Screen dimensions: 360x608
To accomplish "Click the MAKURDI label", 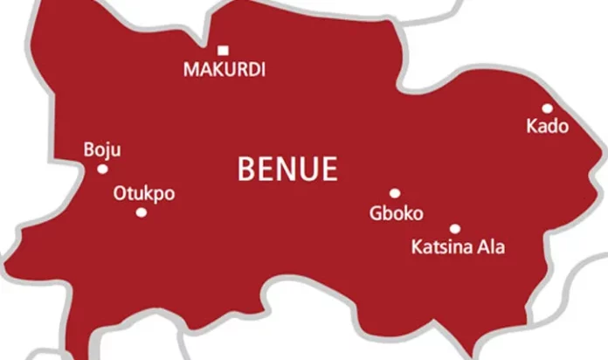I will [224, 70].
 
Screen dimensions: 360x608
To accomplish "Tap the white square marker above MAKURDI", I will [223, 50].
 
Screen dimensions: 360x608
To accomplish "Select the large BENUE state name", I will [287, 169].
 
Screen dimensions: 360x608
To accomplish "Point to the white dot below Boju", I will [102, 170].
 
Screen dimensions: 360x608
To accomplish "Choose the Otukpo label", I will [144, 194].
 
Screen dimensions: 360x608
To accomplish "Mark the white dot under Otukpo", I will [142, 212].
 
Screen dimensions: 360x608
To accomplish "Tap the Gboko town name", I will [396, 213].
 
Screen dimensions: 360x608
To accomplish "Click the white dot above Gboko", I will [395, 194].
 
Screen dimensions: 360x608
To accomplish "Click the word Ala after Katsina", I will [490, 247].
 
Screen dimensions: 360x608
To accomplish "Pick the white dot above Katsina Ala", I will [455, 229].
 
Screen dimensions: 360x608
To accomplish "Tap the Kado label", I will [547, 128].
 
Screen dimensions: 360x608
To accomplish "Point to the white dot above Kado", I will [548, 109].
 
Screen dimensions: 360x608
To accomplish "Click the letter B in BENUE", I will [247, 169].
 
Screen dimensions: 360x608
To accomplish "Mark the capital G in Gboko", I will [377, 213].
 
